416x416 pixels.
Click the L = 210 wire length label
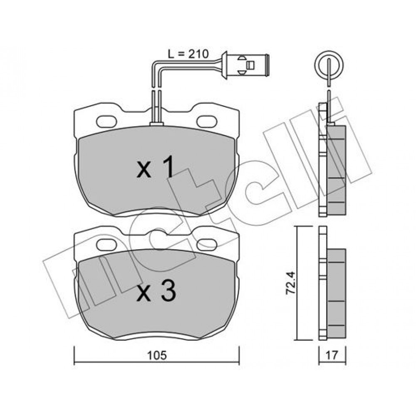(188, 54)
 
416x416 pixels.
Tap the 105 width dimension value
(158, 355)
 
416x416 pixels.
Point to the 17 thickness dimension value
(332, 355)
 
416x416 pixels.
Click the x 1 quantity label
(156, 167)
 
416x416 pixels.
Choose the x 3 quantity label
(156, 291)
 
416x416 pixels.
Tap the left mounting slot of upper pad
(106, 122)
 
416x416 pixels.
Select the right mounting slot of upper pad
(207, 121)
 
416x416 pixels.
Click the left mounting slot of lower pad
(106, 245)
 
